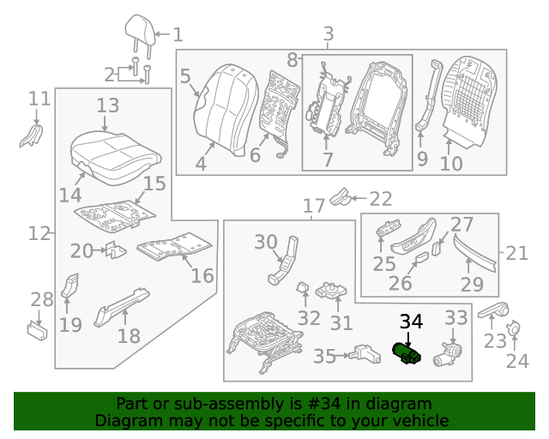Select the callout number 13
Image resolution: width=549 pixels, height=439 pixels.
coord(107,105)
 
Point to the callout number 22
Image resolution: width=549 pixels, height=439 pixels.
coord(380,199)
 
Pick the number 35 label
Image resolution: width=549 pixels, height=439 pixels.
coord(324,356)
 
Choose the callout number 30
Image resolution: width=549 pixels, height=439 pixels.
coord(266,243)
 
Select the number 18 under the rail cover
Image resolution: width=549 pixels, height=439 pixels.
coord(129,335)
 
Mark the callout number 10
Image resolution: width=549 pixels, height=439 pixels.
coord(451,163)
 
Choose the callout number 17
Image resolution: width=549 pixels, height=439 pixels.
coord(313,206)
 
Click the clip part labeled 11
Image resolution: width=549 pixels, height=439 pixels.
coord(32,134)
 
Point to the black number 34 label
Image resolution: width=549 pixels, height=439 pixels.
coord(411,322)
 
